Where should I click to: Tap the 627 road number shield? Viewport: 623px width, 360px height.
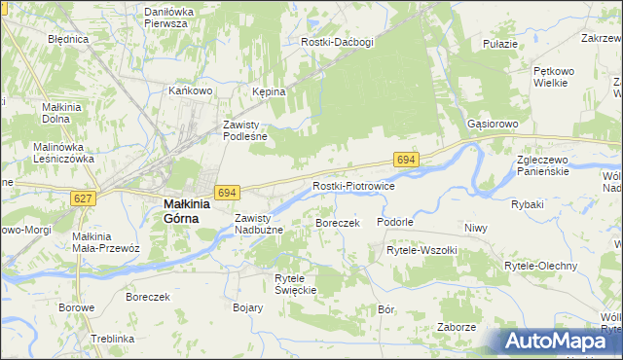click(84, 198)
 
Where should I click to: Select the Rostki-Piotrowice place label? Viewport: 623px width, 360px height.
click(352, 186)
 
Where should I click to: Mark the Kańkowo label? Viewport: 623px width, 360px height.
click(190, 90)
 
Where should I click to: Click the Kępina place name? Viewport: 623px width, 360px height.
click(269, 91)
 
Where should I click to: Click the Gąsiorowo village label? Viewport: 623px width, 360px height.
click(493, 126)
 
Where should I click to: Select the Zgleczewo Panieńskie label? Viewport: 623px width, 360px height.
click(550, 165)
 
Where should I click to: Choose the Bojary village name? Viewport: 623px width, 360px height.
click(248, 307)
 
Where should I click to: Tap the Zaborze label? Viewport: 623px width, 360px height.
click(456, 327)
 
